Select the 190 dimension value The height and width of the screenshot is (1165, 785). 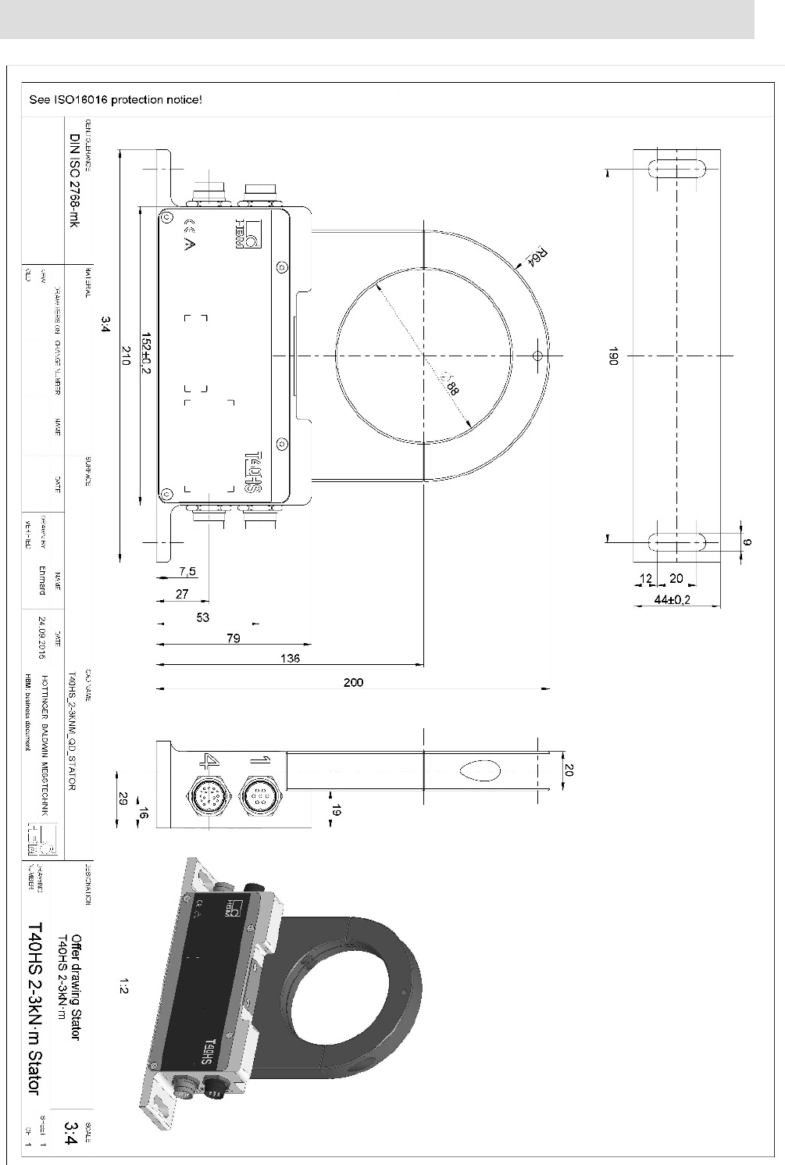614,356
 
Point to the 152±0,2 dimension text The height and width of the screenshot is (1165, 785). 146,356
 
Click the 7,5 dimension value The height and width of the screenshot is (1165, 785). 187,571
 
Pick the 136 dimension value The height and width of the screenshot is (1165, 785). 290,658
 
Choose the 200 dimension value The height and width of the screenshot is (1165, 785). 353,682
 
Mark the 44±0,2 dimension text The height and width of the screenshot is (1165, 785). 676,599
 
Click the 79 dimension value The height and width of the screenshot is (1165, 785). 232,638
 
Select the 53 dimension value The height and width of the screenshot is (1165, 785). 203,617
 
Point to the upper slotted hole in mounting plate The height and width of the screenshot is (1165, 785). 677,170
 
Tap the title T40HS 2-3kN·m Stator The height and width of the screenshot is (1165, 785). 34,1008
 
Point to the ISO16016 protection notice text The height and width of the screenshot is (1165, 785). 116,100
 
